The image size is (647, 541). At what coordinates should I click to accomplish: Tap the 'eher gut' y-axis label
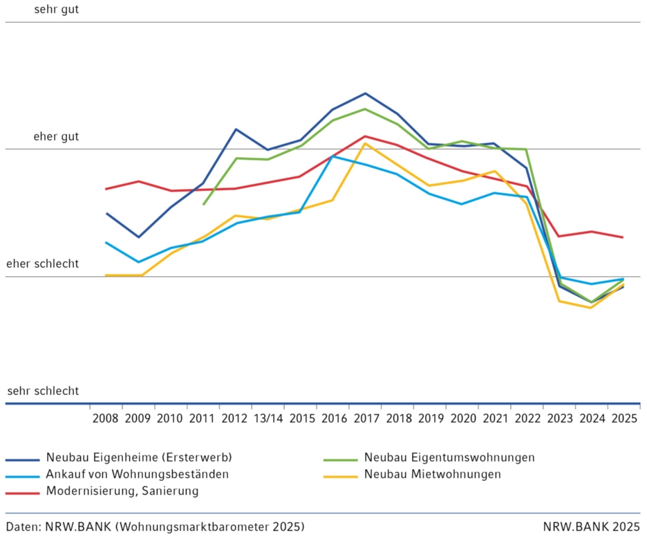(x=56, y=137)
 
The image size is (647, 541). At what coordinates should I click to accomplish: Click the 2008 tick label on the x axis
(x=106, y=419)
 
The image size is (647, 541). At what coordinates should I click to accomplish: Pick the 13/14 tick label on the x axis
(x=268, y=419)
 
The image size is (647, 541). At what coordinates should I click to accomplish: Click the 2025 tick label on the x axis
(x=623, y=419)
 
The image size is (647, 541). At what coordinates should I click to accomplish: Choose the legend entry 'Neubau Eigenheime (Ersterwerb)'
(x=138, y=458)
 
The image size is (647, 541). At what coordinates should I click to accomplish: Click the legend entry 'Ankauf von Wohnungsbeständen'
(x=137, y=475)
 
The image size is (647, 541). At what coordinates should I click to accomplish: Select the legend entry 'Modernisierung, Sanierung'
(x=122, y=491)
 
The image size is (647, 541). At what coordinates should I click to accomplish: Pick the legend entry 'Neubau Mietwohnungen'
(x=432, y=475)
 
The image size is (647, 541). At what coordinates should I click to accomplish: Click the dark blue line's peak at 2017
(x=365, y=93)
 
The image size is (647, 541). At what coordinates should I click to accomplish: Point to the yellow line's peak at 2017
(x=365, y=143)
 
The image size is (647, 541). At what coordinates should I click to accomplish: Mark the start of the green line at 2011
(x=203, y=204)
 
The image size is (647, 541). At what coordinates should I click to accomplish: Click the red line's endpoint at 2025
(x=623, y=237)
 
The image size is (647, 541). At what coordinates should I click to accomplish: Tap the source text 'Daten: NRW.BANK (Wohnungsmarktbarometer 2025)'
(x=155, y=526)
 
